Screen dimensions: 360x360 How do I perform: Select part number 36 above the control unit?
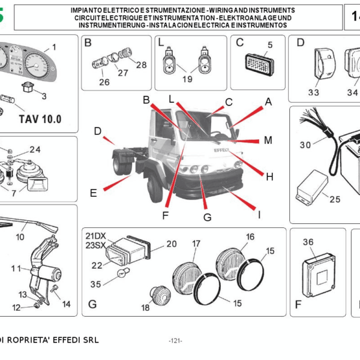(x=308, y=242)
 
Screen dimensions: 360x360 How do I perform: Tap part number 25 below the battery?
(x=335, y=199)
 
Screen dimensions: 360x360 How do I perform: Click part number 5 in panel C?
(x=269, y=45)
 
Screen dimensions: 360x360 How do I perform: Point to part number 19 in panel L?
(x=187, y=79)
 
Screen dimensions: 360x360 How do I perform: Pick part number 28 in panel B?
(x=142, y=65)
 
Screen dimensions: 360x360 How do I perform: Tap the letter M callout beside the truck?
(x=268, y=140)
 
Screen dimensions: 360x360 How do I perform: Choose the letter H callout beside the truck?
(x=269, y=176)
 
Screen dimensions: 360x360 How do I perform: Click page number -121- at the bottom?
(x=176, y=341)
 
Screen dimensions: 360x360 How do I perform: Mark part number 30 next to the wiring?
(x=306, y=145)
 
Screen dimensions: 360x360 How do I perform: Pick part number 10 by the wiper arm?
(x=20, y=237)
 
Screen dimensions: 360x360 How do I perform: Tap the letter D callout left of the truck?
(x=97, y=131)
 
